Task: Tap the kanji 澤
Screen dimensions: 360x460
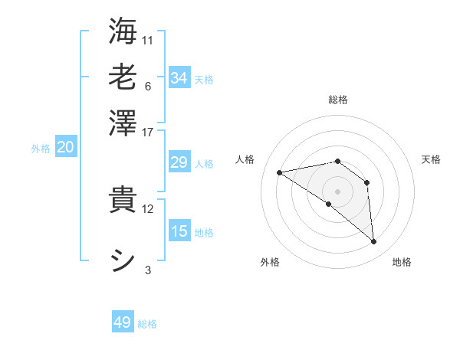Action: (x=123, y=122)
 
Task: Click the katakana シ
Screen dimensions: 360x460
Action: (x=123, y=260)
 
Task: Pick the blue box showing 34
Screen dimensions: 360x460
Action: (x=179, y=78)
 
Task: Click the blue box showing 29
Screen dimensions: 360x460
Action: (x=179, y=162)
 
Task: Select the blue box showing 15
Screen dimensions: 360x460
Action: (x=179, y=231)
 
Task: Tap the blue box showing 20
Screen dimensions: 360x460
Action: (x=65, y=148)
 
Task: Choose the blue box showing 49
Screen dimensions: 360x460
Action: (x=123, y=322)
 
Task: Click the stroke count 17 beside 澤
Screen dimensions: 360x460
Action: (x=148, y=132)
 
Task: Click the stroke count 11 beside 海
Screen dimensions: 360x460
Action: (x=148, y=39)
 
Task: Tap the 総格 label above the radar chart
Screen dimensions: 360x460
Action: (x=338, y=100)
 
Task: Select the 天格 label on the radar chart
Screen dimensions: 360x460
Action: (x=431, y=159)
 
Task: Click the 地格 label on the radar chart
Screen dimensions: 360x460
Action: (x=402, y=262)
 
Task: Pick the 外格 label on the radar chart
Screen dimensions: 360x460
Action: (x=270, y=262)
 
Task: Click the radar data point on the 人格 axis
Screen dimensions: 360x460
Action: (x=280, y=172)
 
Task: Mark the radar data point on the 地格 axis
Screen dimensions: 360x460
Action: (x=374, y=242)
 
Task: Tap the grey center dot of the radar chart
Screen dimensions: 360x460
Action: (x=338, y=191)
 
